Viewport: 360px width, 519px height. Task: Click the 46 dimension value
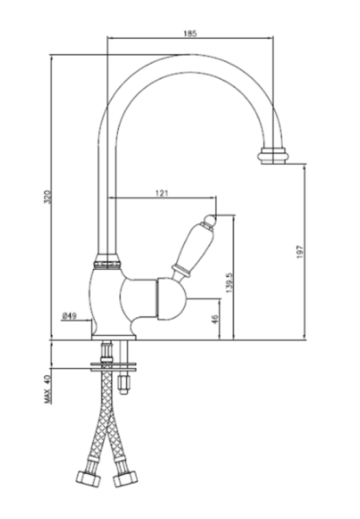(x=215, y=319)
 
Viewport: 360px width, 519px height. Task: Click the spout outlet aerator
(x=274, y=156)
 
